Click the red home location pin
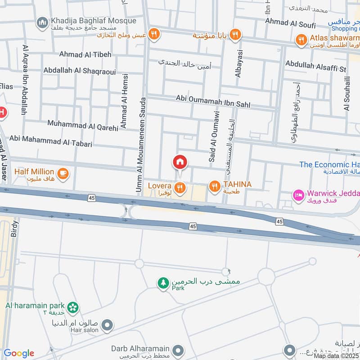180,162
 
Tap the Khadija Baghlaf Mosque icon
43,22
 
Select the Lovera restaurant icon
180,188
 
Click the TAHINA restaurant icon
214,185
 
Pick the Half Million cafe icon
63,172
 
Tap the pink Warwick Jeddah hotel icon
298,194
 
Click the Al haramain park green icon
73,307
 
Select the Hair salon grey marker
107,324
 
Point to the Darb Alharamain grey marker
179,350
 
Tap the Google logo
19,353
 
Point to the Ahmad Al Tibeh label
85,54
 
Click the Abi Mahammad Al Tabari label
50,141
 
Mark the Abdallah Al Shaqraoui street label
80,71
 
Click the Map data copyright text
336,355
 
